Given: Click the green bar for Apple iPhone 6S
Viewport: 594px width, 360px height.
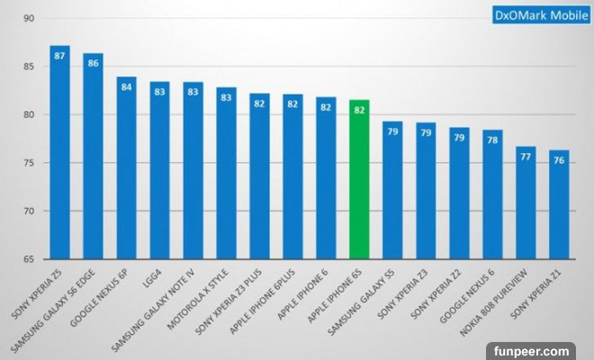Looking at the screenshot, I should (359, 180).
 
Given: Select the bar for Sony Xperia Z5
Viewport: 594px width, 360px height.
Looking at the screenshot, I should (59, 153).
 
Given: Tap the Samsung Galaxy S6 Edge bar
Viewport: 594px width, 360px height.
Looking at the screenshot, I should (93, 157).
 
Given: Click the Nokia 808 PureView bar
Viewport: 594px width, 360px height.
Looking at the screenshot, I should (526, 203).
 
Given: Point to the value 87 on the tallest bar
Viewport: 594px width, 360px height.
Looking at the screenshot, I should (59, 56).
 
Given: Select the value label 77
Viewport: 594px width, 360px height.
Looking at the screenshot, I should (526, 157).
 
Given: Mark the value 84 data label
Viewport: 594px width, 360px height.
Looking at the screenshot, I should (126, 87).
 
